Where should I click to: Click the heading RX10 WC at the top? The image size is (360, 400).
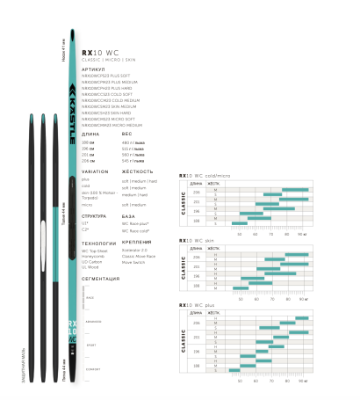tap(94, 51)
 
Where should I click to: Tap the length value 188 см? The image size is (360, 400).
tap(88, 142)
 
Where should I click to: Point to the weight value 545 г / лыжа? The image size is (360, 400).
tap(132, 160)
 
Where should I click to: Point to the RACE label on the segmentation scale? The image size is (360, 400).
tap(90, 297)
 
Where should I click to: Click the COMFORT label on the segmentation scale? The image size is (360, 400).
tap(93, 369)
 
